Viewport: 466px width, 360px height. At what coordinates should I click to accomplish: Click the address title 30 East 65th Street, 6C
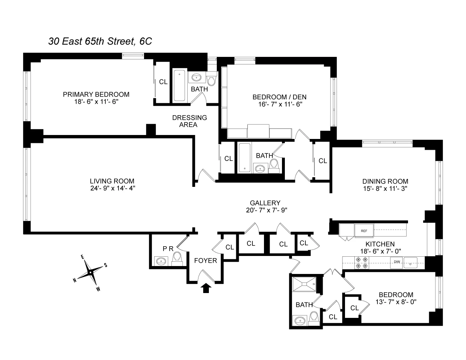point(100,41)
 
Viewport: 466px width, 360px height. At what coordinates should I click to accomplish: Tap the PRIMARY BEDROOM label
point(96,95)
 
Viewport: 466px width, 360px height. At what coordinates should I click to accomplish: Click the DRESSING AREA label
point(189,121)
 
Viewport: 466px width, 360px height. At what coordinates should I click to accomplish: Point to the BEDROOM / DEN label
point(279,97)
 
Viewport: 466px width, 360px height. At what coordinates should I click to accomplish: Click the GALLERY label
point(265,203)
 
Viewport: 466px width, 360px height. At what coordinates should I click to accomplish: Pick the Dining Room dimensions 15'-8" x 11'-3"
point(385,188)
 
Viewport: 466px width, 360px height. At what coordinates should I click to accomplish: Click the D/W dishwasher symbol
point(397,262)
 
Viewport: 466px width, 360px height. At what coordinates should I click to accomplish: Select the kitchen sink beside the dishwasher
point(410,262)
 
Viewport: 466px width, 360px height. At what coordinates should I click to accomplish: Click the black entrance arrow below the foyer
point(206,288)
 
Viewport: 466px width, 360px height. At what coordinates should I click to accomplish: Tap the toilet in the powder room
point(177,258)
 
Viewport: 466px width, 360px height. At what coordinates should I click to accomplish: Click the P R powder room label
point(167,248)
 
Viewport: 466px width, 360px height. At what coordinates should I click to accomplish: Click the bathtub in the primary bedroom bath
point(179,86)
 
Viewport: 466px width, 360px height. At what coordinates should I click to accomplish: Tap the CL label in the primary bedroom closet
point(163,82)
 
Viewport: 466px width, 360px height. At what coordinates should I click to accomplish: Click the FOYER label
point(205,260)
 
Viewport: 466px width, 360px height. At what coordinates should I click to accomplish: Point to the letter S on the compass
point(106,265)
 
